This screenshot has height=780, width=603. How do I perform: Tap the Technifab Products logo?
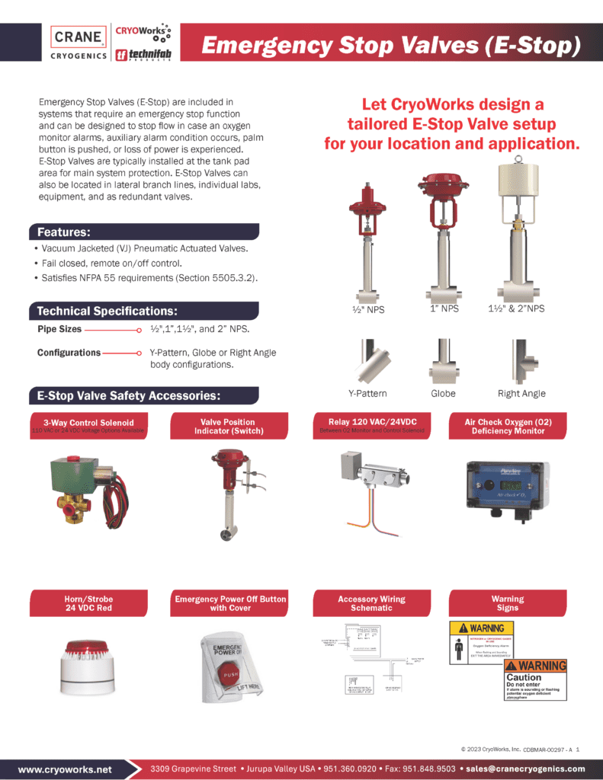click(142, 56)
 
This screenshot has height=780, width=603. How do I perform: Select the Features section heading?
click(64, 232)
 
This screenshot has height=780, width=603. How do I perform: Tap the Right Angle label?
click(521, 394)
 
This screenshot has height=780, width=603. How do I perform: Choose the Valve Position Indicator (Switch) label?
click(228, 427)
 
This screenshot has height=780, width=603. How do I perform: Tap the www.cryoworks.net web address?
click(65, 769)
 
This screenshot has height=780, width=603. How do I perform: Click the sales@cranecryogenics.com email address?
click(525, 769)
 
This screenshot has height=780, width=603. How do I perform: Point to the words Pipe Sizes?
click(59, 330)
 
